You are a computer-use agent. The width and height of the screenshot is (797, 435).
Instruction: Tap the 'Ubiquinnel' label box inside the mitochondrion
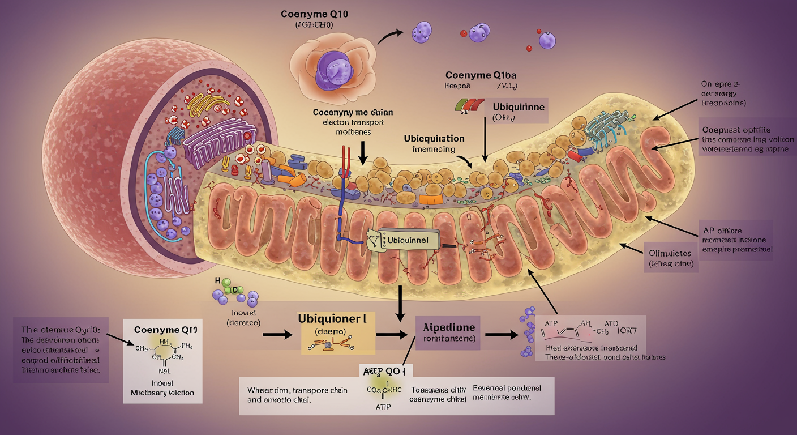pyautogui.click(x=407, y=240)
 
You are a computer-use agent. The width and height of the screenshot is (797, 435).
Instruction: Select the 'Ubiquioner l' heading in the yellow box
pyautogui.click(x=332, y=319)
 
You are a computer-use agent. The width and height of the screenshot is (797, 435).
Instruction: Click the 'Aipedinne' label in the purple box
pyautogui.click(x=449, y=327)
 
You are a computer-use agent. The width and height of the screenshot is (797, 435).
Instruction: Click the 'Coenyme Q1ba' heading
pyautogui.click(x=481, y=75)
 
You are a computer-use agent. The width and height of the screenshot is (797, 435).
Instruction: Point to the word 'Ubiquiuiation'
pyautogui.click(x=434, y=138)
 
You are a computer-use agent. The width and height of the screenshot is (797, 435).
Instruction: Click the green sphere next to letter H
pyautogui.click(x=226, y=282)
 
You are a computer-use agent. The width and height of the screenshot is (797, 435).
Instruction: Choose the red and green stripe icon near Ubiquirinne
pyautogui.click(x=469, y=104)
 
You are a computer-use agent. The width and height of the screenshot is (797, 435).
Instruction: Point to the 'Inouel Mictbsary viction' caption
pyautogui.click(x=162, y=387)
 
